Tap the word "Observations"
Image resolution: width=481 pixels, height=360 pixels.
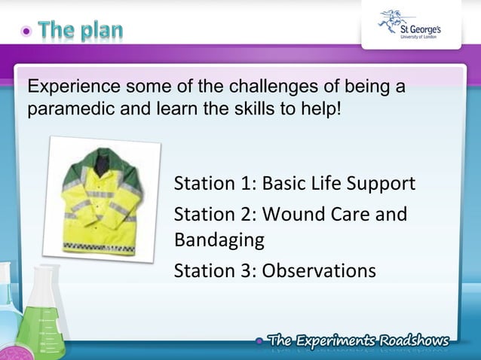tap(319, 270)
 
